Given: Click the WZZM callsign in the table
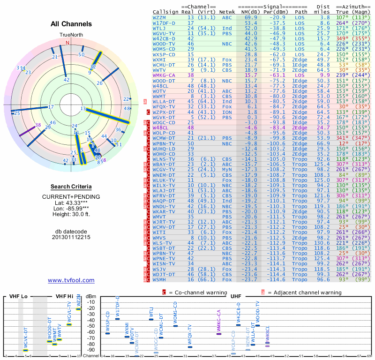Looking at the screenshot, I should (x=161, y=17).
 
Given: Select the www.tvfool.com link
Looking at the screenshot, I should (x=71, y=280).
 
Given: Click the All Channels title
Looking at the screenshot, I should (x=71, y=24).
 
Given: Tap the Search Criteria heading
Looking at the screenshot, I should (x=71, y=186).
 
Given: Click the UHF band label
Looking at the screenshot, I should (x=236, y=297).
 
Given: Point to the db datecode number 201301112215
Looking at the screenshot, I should (x=71, y=237).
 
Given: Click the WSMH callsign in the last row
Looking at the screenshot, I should (x=161, y=279).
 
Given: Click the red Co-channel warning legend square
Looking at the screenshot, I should (x=164, y=292).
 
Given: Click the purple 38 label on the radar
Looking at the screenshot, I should (x=38, y=125).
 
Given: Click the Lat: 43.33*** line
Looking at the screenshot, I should (x=71, y=202).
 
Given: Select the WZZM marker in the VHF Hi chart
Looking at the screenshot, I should (x=79, y=308).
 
